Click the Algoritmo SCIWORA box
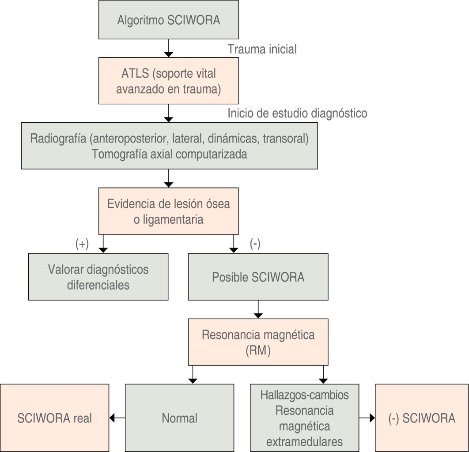click(168, 20)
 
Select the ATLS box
click(168, 81)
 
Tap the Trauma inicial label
click(262, 49)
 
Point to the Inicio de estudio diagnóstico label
click(297, 113)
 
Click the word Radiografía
click(58, 138)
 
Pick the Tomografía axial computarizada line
click(169, 154)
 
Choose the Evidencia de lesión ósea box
click(168, 211)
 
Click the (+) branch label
click(82, 245)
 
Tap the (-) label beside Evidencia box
click(255, 245)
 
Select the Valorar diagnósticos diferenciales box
click(98, 277)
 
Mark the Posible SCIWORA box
click(258, 277)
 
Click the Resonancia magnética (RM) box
click(258, 342)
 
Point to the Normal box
click(179, 418)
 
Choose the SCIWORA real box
click(54, 418)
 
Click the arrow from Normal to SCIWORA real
click(117, 418)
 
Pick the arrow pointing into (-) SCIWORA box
click(367, 418)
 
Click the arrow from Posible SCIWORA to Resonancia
click(258, 309)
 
